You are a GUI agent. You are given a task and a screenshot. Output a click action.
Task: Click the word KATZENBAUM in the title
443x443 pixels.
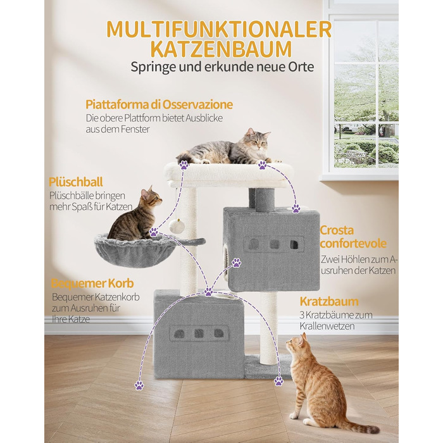221,49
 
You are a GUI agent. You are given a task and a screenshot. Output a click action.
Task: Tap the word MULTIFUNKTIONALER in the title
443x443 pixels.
219,29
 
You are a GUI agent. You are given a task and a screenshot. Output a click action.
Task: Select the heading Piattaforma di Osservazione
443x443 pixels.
159,104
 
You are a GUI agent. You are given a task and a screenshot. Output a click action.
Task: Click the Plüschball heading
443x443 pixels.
76,182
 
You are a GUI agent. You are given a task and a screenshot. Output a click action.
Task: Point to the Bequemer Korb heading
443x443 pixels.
92,283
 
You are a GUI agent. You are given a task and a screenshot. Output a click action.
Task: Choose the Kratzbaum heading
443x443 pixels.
329,301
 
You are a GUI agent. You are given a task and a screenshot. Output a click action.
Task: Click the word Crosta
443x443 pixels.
337,230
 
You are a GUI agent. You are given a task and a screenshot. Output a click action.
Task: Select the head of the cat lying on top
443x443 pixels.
258,140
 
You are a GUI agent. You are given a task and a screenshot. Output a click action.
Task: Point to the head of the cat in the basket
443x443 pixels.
151,197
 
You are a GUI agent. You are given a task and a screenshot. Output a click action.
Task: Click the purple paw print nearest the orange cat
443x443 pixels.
278,382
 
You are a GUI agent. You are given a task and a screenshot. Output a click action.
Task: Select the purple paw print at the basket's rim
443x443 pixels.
154,232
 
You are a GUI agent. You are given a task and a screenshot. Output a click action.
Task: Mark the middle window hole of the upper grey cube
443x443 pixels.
274,245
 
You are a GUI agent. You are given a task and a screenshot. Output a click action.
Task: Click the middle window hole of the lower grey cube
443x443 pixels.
199,334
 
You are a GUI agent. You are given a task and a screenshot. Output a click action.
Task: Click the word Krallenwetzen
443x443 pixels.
327,327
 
